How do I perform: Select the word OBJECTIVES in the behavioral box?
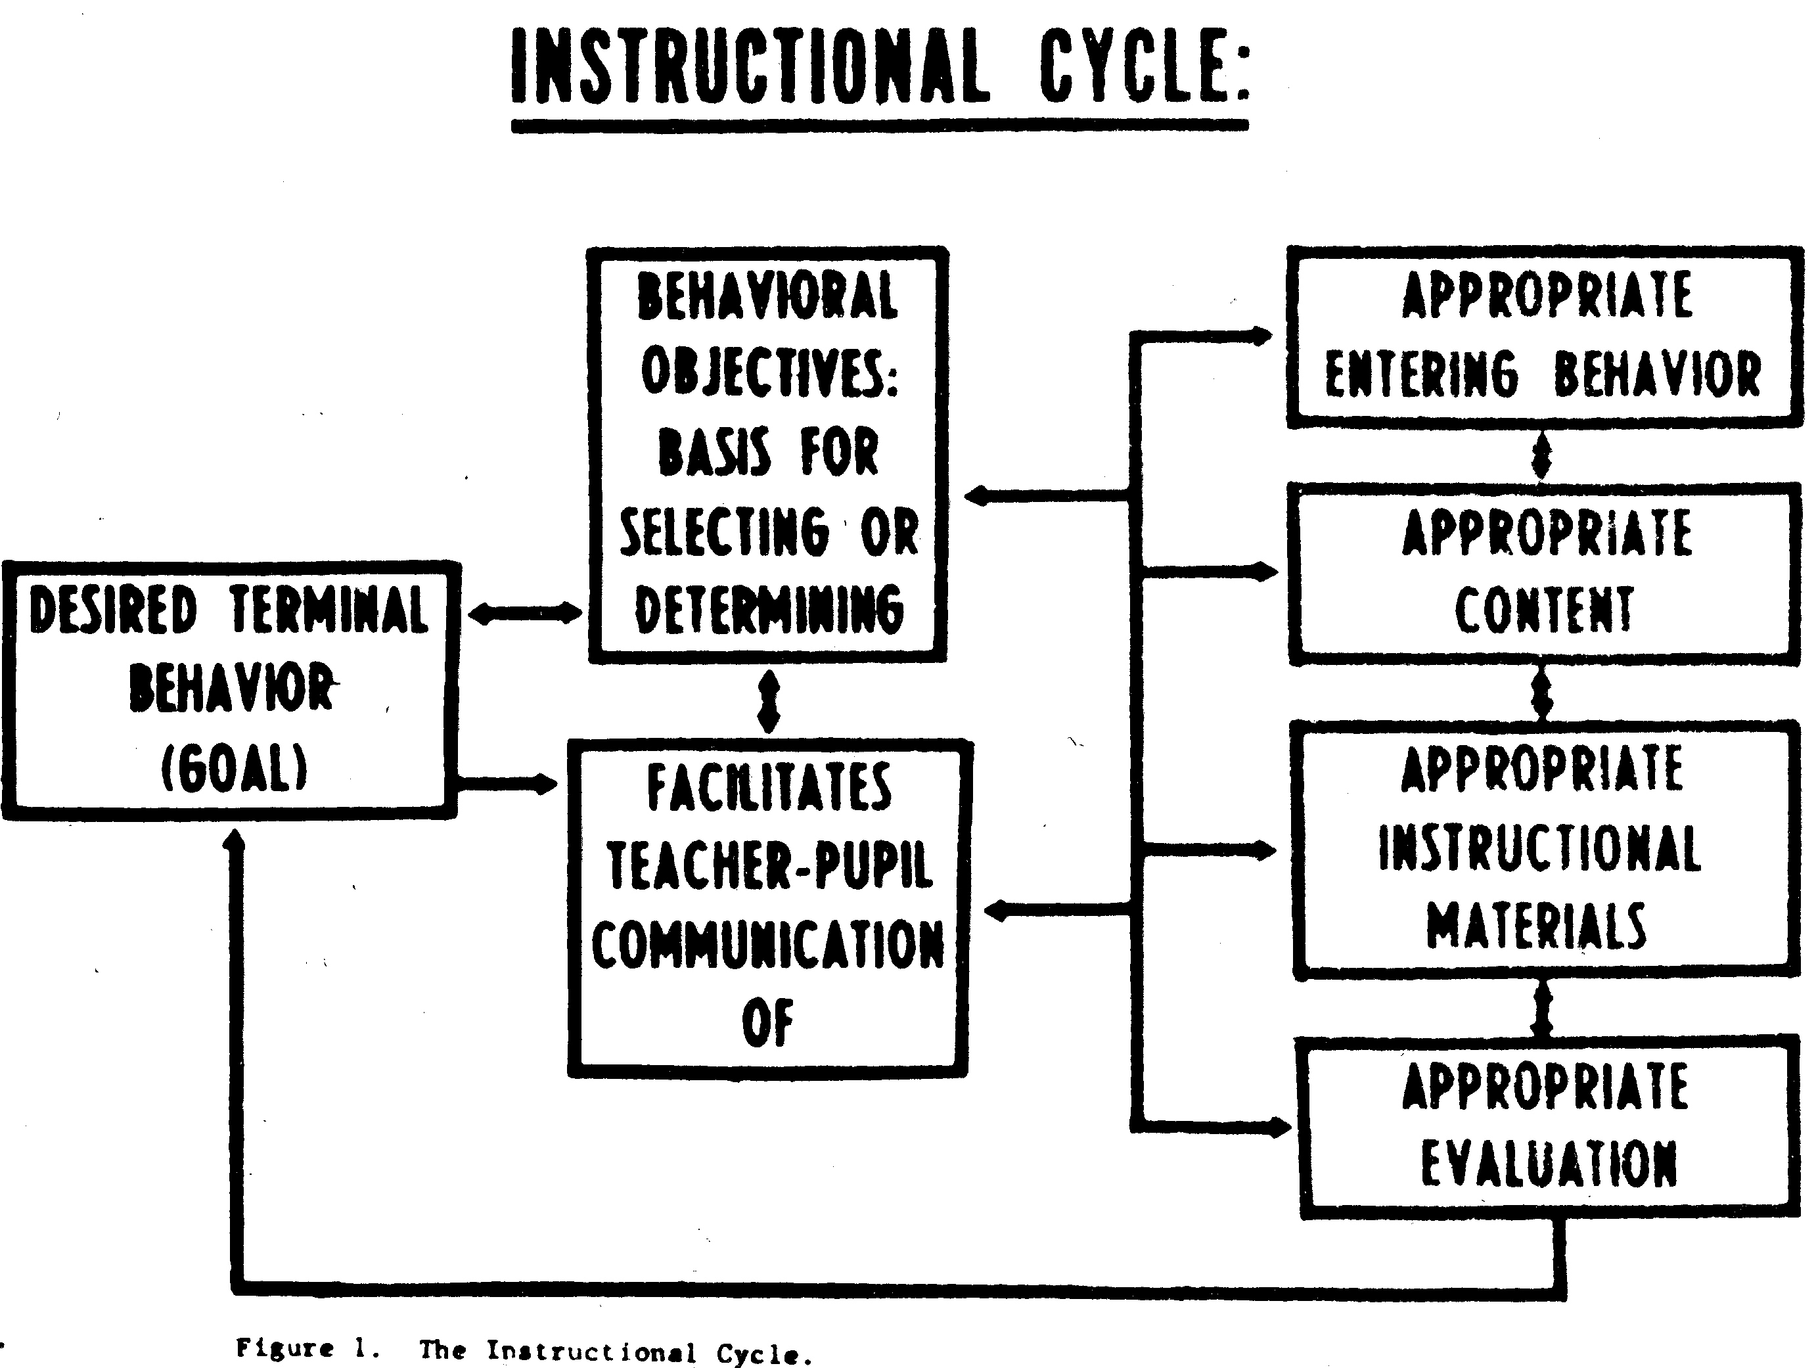click(x=769, y=372)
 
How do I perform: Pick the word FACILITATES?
click(x=769, y=787)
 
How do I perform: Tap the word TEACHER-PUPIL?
click(x=769, y=865)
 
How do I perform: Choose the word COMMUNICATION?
click(x=769, y=944)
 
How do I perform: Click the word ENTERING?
click(x=1422, y=374)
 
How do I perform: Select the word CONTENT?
click(x=1544, y=610)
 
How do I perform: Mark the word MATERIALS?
click(x=1536, y=925)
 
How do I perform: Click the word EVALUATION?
click(x=1549, y=1163)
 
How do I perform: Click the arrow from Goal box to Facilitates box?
click(x=507, y=784)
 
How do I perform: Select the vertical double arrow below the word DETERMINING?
click(x=769, y=702)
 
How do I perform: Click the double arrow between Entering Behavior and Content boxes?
click(x=1542, y=456)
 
